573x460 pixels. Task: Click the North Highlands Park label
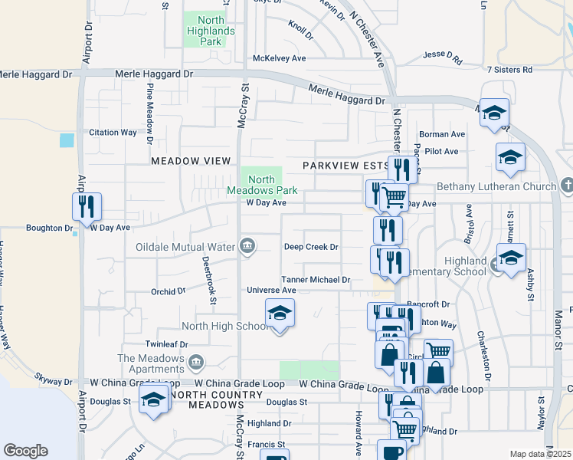pyautogui.click(x=205, y=31)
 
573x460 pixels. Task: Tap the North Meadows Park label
pyautogui.click(x=261, y=185)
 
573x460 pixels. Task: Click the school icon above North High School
pyautogui.click(x=280, y=313)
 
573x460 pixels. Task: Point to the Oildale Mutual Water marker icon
pyautogui.click(x=247, y=246)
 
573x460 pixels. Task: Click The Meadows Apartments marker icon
pyautogui.click(x=196, y=361)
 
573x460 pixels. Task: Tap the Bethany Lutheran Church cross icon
pyautogui.click(x=566, y=186)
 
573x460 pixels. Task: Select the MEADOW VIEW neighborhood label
pyautogui.click(x=191, y=161)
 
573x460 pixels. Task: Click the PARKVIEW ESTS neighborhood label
pyautogui.click(x=345, y=166)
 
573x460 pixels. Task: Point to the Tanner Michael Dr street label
pyautogui.click(x=316, y=281)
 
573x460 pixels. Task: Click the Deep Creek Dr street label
pyautogui.click(x=311, y=247)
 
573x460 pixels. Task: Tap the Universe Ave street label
pyautogui.click(x=271, y=291)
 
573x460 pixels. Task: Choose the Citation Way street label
pyautogui.click(x=113, y=132)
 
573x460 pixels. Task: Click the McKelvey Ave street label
pyautogui.click(x=280, y=58)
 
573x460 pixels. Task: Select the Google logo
pyautogui.click(x=25, y=451)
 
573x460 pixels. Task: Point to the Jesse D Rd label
pyautogui.click(x=443, y=57)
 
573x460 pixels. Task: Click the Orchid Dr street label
pyautogui.click(x=168, y=291)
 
